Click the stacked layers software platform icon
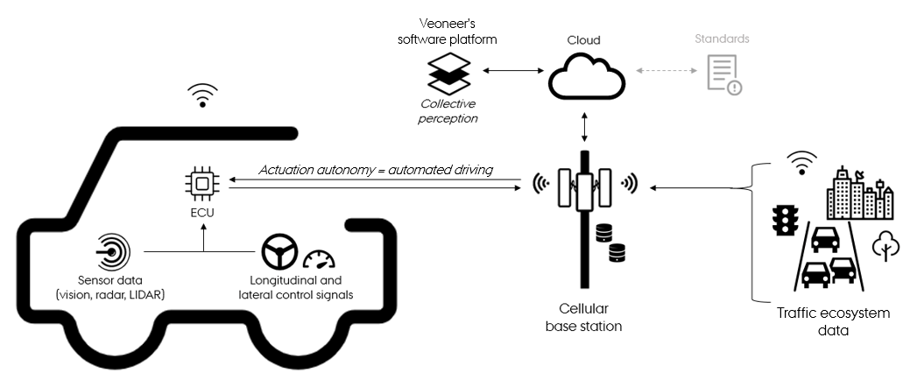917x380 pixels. [449, 75]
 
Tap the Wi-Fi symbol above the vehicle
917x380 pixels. [203, 95]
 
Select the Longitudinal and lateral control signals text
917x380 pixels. [295, 288]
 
